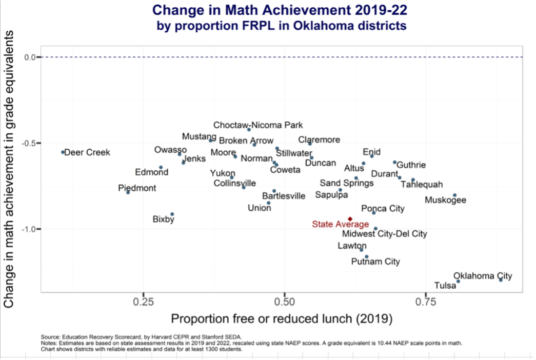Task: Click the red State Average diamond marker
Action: point(350,219)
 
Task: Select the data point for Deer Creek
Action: point(63,152)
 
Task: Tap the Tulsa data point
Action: point(458,282)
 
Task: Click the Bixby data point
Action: point(172,214)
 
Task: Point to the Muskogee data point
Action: point(454,195)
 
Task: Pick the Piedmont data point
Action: point(128,192)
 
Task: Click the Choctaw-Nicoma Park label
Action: point(258,125)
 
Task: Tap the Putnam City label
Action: point(375,262)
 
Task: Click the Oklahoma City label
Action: point(483,276)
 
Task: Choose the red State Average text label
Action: point(340,224)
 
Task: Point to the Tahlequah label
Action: point(421,185)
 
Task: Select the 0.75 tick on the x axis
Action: point(426,301)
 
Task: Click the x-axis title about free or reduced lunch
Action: point(282,319)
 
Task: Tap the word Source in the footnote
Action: point(49,336)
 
